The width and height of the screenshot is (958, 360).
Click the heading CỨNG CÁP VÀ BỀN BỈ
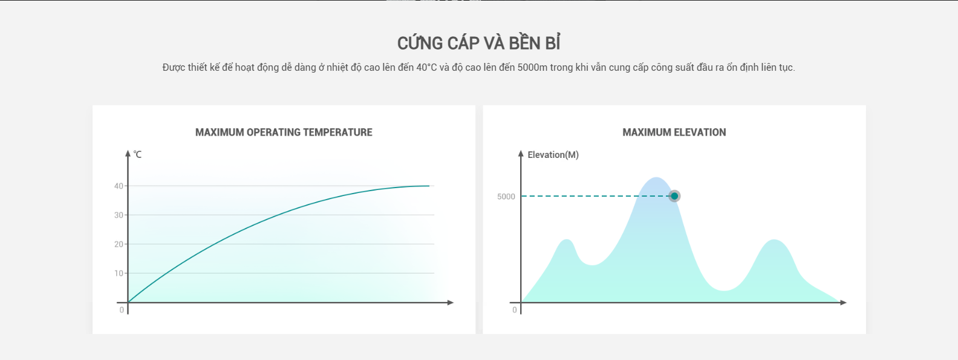click(x=478, y=43)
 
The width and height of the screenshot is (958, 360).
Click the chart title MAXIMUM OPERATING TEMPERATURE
click(x=284, y=133)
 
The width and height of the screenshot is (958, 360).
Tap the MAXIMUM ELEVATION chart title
click(x=674, y=133)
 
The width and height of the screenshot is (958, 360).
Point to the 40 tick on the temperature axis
click(x=119, y=186)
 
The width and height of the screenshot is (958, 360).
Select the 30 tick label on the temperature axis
click(x=119, y=215)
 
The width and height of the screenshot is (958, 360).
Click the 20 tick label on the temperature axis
click(x=119, y=244)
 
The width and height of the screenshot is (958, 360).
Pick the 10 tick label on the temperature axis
click(x=119, y=273)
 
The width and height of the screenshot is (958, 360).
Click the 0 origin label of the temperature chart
click(x=122, y=310)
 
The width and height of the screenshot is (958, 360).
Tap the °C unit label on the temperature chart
click(x=137, y=154)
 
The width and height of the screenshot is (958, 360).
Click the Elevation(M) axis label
click(x=553, y=154)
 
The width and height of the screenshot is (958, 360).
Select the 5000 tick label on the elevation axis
click(x=506, y=197)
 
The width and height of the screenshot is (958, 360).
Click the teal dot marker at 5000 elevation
click(x=674, y=196)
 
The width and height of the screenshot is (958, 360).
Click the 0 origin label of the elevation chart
click(x=515, y=310)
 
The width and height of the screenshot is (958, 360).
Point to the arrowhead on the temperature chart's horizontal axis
click(x=451, y=303)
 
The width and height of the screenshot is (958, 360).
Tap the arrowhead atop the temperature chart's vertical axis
click(x=128, y=153)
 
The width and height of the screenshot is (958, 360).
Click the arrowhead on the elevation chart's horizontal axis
click(x=843, y=303)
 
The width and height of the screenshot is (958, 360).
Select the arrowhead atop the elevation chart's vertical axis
click(x=521, y=153)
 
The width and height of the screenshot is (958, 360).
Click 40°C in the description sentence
click(x=427, y=68)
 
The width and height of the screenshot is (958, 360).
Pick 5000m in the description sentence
click(x=532, y=68)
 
